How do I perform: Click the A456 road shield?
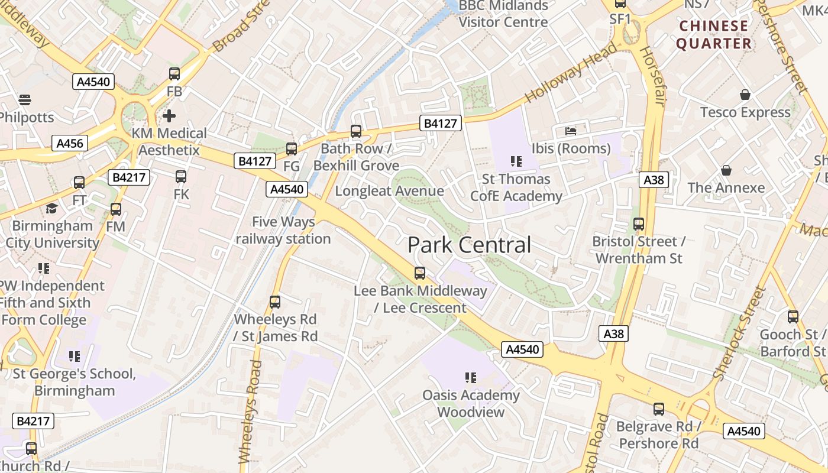coord(70,143)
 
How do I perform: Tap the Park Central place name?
coord(470,245)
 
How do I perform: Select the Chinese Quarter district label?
coord(714,34)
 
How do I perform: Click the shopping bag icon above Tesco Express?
coord(745,95)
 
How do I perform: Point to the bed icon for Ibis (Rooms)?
coord(571,130)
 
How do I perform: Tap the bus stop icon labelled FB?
coord(174,74)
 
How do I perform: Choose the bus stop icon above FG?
coord(292,149)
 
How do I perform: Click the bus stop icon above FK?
coord(181,176)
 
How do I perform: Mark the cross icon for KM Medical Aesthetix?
coord(169,115)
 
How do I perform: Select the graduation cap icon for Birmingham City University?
coord(52,208)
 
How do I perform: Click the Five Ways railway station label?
coord(283,231)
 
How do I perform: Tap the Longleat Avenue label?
coord(389,191)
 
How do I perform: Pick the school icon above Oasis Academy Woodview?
coord(471,377)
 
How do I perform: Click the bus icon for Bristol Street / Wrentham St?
coord(639,224)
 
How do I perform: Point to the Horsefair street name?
coord(654,77)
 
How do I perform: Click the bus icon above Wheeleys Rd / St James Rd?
coord(275,302)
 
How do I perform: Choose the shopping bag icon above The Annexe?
coord(726,170)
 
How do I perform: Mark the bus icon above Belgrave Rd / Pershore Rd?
coord(659,409)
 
